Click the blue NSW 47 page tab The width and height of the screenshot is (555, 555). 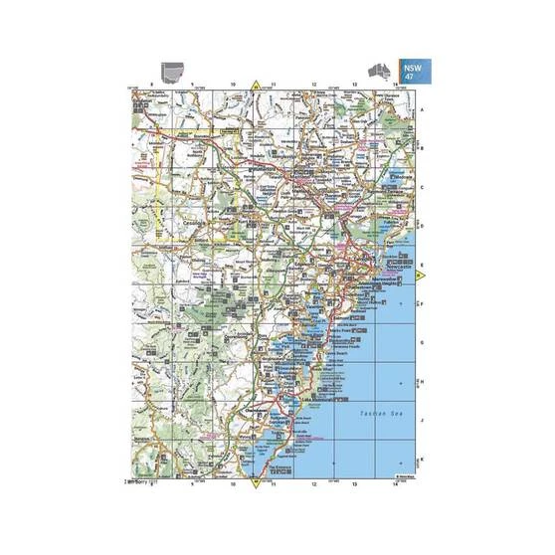click(x=412, y=71)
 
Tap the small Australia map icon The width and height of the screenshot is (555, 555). click(x=380, y=69)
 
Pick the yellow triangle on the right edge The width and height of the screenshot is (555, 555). click(x=420, y=275)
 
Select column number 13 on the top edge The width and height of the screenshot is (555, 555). click(x=355, y=86)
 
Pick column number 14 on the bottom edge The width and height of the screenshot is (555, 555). click(x=396, y=483)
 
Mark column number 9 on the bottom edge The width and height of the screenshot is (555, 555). click(x=192, y=483)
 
